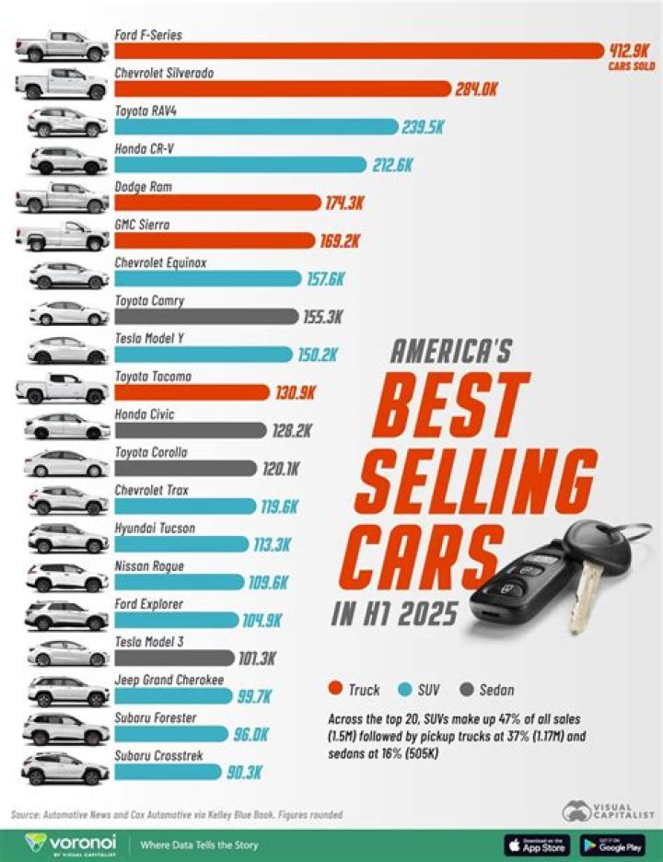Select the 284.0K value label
(x=476, y=89)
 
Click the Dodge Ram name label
(x=143, y=187)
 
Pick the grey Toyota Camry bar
(x=204, y=317)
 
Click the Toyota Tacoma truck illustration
(x=63, y=389)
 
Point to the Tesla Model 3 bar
(x=174, y=658)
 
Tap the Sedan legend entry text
(x=495, y=689)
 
